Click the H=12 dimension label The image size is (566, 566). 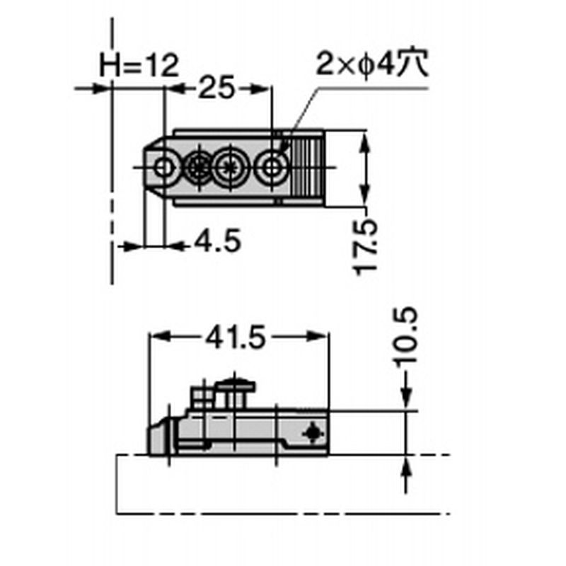pyautogui.click(x=139, y=66)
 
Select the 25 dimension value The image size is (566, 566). pyautogui.click(x=216, y=88)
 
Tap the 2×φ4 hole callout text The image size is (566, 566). pyautogui.click(x=372, y=64)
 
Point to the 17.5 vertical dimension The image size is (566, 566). pyautogui.click(x=366, y=248)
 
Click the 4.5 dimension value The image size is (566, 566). pyautogui.click(x=217, y=241)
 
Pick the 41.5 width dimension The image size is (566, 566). pyautogui.click(x=236, y=337)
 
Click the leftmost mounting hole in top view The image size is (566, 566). pyautogui.click(x=164, y=168)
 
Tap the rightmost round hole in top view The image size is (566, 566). pyautogui.click(x=271, y=168)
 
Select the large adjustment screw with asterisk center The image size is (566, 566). pyautogui.click(x=229, y=168)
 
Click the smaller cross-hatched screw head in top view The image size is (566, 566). pyautogui.click(x=198, y=168)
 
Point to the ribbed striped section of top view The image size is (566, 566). pyautogui.click(x=307, y=167)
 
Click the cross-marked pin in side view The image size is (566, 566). pyautogui.click(x=313, y=433)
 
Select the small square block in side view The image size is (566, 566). pyautogui.click(x=201, y=397)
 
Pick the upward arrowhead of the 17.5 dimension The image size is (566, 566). pyautogui.click(x=365, y=143)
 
